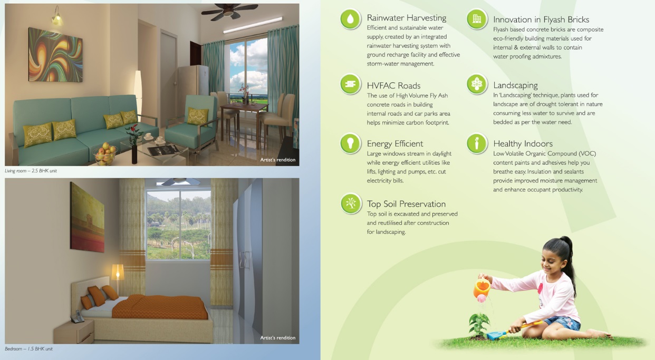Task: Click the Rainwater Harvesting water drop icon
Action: click(350, 19)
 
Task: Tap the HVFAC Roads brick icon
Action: click(350, 84)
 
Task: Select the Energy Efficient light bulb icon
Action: click(350, 143)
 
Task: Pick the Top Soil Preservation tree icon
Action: click(351, 203)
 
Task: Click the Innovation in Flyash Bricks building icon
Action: click(477, 19)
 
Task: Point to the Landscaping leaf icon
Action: click(477, 84)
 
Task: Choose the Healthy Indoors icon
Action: click(477, 143)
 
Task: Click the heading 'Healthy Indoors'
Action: click(523, 144)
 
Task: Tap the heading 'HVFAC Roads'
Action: click(393, 85)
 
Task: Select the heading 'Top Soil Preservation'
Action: click(406, 203)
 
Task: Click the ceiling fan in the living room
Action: click(229, 12)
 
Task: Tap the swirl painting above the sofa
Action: click(55, 55)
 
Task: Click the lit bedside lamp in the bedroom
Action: click(118, 273)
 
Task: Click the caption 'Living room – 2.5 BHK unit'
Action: click(31, 171)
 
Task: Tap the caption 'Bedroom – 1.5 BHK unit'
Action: click(28, 348)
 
